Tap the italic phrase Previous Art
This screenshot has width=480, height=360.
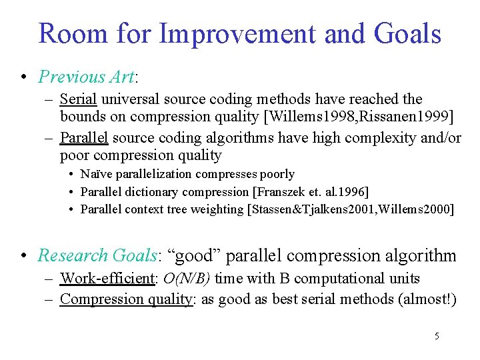[87, 77]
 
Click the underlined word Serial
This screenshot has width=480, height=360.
[79, 99]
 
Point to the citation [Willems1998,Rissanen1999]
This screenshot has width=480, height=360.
[359, 117]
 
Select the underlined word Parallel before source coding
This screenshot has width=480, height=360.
[85, 138]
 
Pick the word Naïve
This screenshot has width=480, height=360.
[99, 174]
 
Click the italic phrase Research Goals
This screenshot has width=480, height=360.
[96, 255]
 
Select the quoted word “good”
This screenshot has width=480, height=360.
[201, 255]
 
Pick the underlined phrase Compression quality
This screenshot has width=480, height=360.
[125, 299]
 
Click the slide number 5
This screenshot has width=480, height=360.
[437, 336]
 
